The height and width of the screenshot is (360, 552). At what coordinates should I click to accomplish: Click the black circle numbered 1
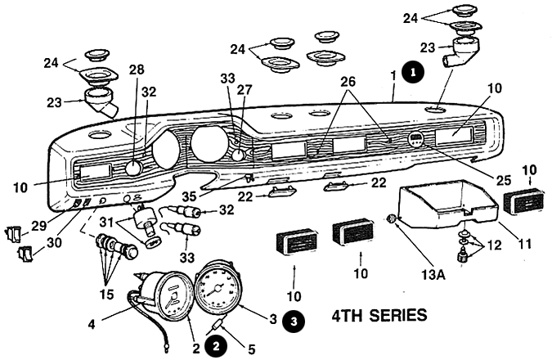pyautogui.click(x=415, y=71)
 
